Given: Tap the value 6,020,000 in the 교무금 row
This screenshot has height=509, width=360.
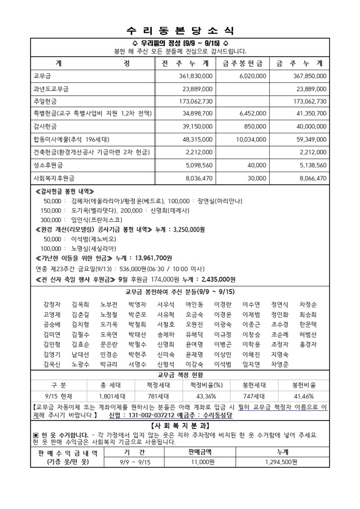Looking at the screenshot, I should pos(252,76).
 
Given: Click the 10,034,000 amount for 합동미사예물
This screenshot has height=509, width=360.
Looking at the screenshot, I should pos(249,139).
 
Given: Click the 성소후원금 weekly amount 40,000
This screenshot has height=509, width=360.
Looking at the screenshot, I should pos(257,165).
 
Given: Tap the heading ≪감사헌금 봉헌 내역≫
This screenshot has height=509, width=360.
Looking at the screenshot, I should pos(66,191).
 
